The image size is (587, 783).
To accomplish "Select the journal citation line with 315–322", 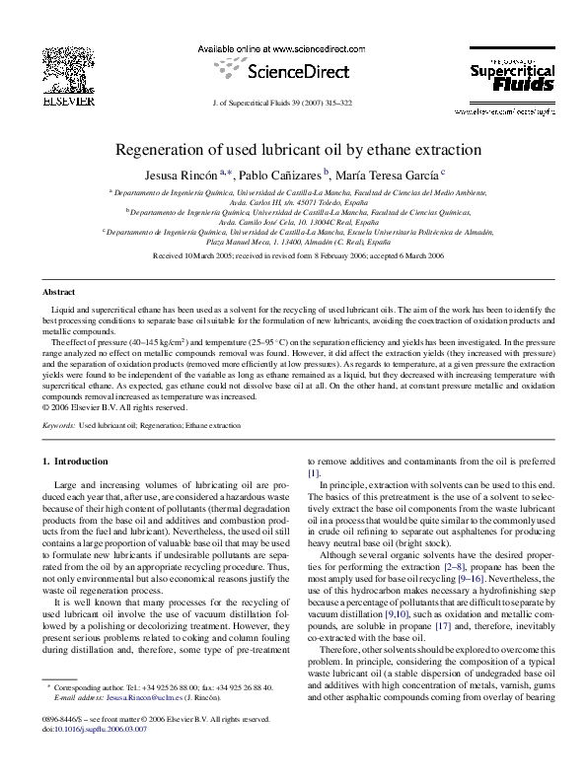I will (293, 103).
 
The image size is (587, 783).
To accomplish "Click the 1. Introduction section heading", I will (75, 462).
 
